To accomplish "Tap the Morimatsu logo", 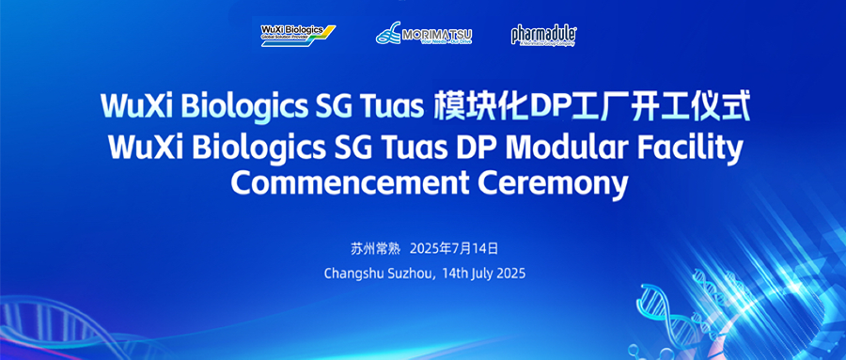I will pos(424,35).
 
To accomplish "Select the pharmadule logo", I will pos(543,35).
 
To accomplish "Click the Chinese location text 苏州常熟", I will pos(375,249).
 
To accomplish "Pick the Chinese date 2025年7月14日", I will pos(460,249).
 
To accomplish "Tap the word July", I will pos(490,274).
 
